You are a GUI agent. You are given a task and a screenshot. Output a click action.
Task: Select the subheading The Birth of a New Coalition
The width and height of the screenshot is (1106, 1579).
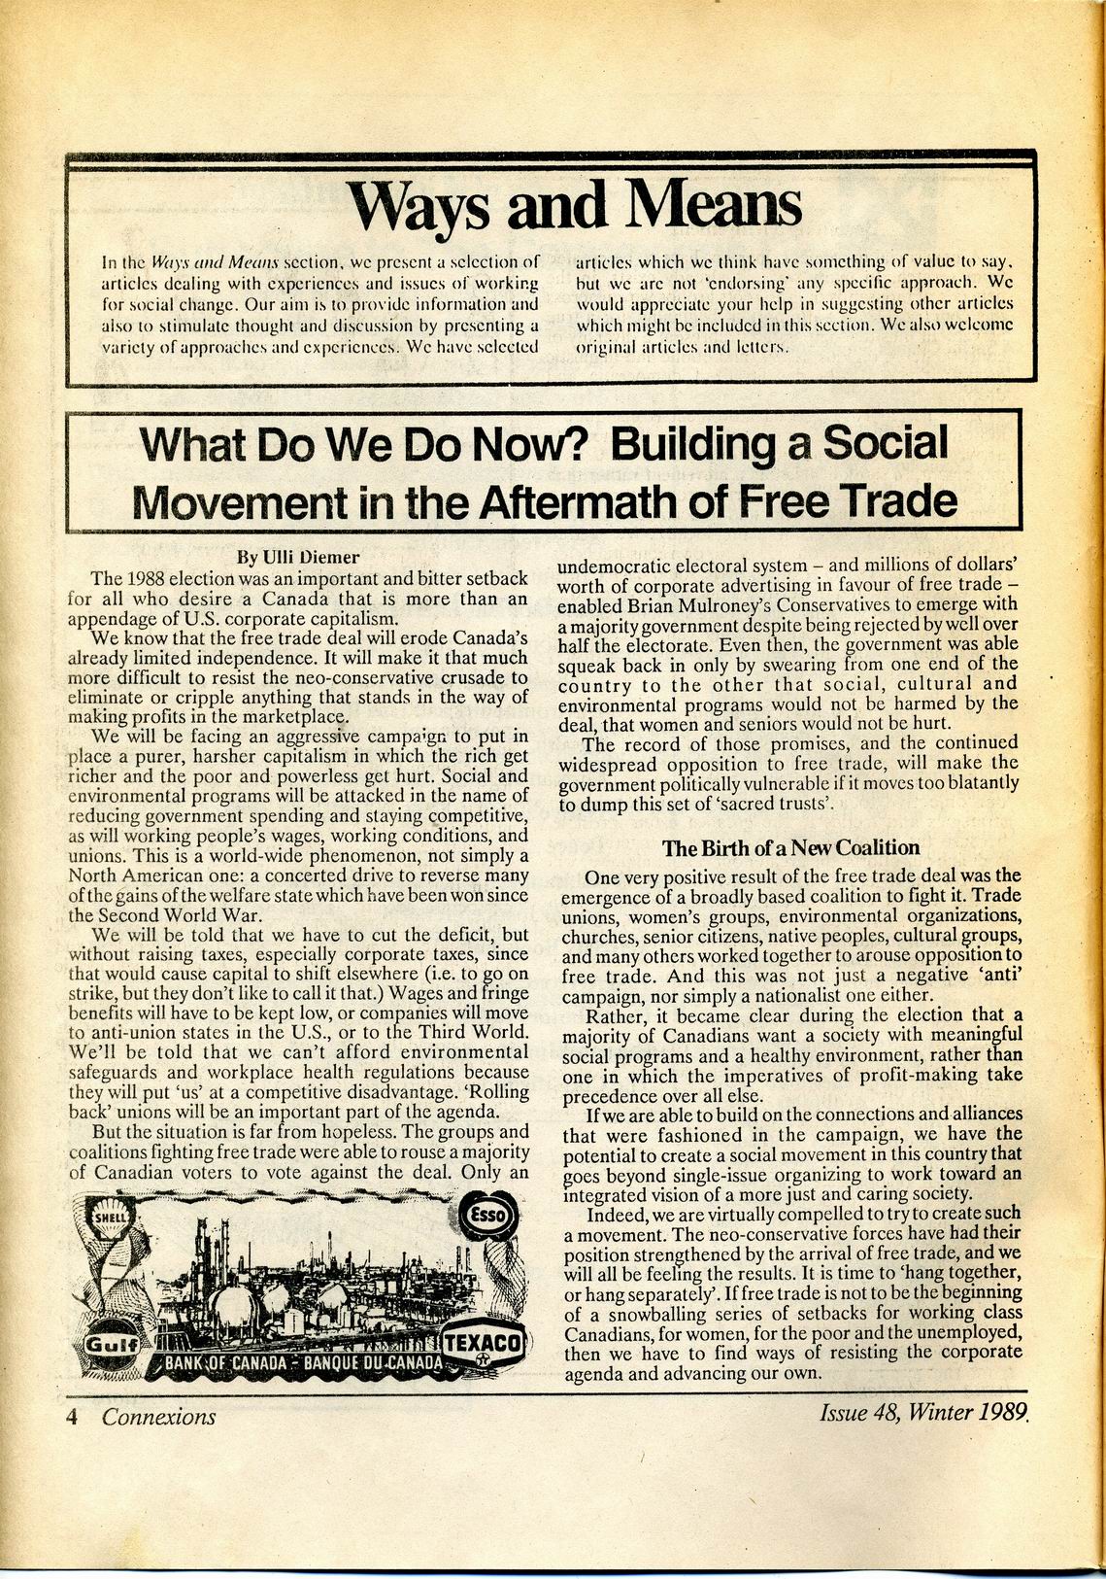click(x=790, y=847)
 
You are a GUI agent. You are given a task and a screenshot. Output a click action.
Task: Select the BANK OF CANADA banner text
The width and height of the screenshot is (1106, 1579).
click(x=301, y=1362)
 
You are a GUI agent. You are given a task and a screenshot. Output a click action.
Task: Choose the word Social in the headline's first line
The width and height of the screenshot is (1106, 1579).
click(x=885, y=443)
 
